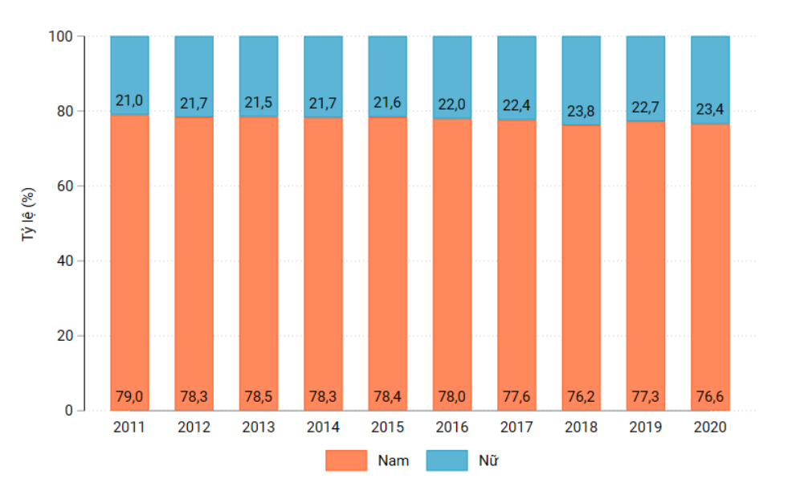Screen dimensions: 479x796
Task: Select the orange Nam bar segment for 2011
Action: pyautogui.click(x=129, y=257)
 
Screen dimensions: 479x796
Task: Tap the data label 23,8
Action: pyautogui.click(x=581, y=112)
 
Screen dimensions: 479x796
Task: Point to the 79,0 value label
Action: pyautogui.click(x=129, y=397)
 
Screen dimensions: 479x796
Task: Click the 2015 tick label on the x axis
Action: pyautogui.click(x=387, y=427)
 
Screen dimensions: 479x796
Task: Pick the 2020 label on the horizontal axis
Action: pyautogui.click(x=710, y=427)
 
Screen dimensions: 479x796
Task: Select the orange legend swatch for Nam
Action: pyautogui.click(x=345, y=461)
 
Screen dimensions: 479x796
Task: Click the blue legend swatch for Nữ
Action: pyautogui.click(x=446, y=461)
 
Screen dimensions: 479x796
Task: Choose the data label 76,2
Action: pyautogui.click(x=581, y=397)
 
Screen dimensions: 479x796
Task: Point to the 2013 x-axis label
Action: pyautogui.click(x=259, y=427)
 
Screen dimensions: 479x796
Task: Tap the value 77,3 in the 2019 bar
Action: pyautogui.click(x=646, y=397)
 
